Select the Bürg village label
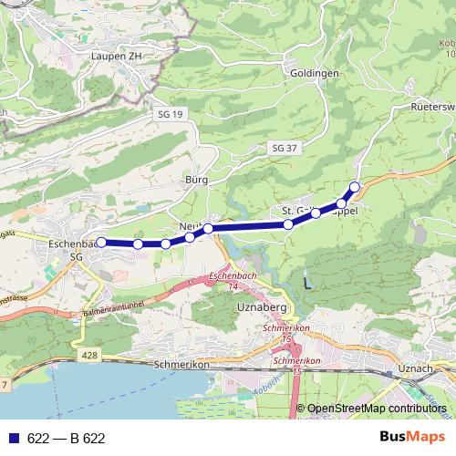[x=196, y=180]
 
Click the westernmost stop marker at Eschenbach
[x=101, y=243]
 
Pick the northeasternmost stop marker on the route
[x=355, y=188]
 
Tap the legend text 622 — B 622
[x=67, y=439]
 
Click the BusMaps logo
[x=414, y=437]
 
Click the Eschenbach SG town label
[x=72, y=250]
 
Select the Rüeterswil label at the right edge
[x=433, y=107]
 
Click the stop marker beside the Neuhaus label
[x=208, y=229]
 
